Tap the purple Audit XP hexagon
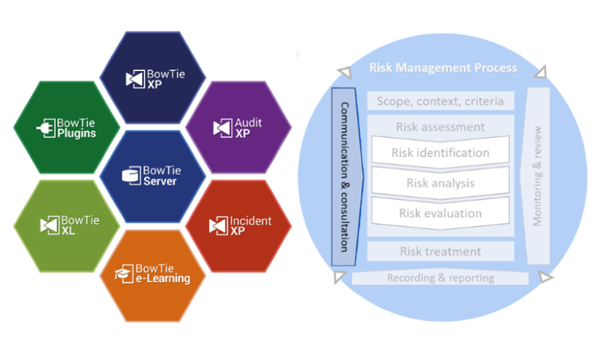click(x=238, y=127)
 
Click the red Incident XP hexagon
click(x=238, y=225)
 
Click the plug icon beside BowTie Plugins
click(x=48, y=129)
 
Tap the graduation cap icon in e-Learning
click(x=122, y=273)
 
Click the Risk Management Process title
click(x=443, y=68)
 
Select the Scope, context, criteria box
click(x=440, y=102)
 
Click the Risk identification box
click(x=440, y=153)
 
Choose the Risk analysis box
click(x=440, y=183)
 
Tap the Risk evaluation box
click(x=440, y=213)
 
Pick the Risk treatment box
click(x=440, y=251)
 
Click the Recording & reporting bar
click(x=440, y=278)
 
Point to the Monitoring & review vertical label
click(x=537, y=176)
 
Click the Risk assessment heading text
click(x=440, y=127)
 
